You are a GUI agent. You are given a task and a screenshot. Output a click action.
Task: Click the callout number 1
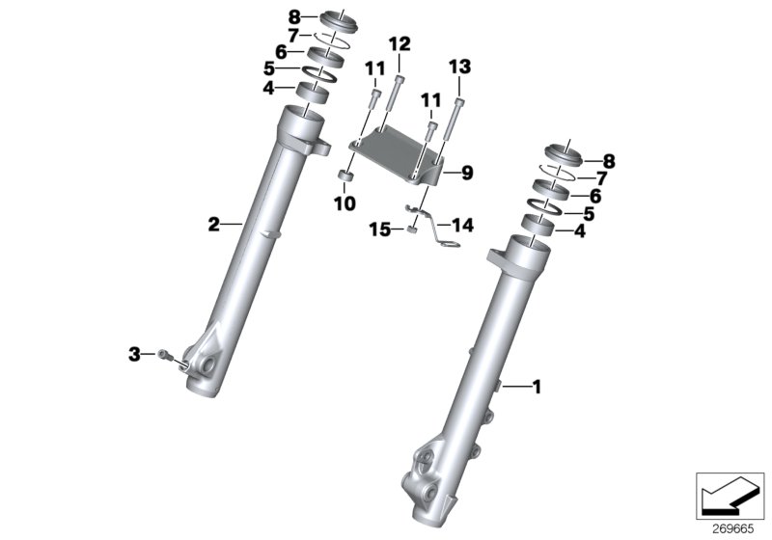click(x=537, y=387)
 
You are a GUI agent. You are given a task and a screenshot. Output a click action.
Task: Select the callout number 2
click(x=215, y=225)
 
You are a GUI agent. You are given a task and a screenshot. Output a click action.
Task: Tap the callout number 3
click(x=135, y=354)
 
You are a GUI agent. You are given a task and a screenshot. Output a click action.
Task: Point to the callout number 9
click(x=466, y=174)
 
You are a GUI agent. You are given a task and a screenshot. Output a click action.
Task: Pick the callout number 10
click(x=345, y=203)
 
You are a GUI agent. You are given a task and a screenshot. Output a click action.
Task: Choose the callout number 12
click(x=400, y=43)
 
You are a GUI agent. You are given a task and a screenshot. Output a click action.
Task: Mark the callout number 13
click(x=459, y=66)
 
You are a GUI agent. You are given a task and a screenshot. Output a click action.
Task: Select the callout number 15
click(x=380, y=229)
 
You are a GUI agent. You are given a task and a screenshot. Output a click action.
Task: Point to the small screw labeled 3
click(x=168, y=355)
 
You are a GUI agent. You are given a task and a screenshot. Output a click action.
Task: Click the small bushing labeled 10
click(x=345, y=177)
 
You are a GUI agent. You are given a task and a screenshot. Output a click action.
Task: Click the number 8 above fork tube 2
click(x=267, y=15)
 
